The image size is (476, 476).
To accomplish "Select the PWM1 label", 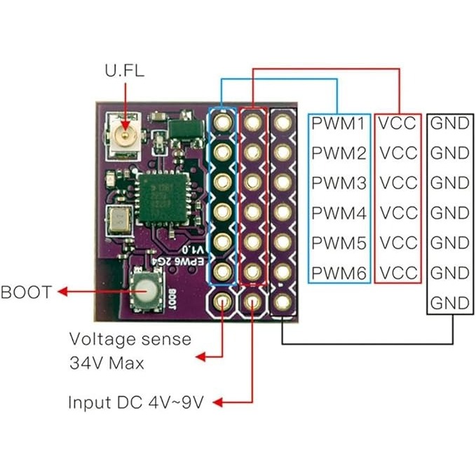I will (339, 123).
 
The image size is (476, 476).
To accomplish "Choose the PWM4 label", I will (339, 212).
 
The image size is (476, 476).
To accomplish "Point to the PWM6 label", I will (339, 272).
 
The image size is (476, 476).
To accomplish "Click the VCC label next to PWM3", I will (397, 183).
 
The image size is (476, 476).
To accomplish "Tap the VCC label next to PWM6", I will (397, 272).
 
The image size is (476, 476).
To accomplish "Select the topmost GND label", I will (449, 123).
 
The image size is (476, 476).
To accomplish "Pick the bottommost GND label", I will (449, 303).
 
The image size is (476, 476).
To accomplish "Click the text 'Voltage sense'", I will (130, 339).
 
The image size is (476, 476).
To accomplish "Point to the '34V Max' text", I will (107, 363).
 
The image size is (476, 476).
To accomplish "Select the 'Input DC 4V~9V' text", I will (137, 403).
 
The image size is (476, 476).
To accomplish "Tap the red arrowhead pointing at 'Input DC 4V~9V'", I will (218, 402).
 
